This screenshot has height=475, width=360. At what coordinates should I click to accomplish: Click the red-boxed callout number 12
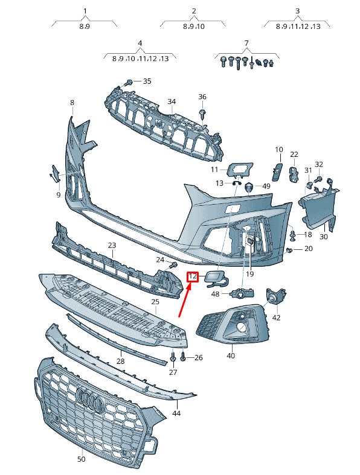point(193,276)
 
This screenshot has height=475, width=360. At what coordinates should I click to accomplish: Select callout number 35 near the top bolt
point(147,81)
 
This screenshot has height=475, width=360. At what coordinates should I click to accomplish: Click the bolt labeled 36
point(202,114)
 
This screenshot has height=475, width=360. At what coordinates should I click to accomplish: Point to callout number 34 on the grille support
point(172,101)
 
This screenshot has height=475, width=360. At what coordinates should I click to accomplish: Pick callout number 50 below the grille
point(82,459)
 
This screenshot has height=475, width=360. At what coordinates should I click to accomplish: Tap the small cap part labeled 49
point(249,188)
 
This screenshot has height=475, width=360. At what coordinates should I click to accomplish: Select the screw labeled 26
point(184,357)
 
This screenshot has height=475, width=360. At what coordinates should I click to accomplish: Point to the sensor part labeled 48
point(243,293)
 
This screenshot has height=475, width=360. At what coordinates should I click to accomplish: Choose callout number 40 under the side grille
point(231,355)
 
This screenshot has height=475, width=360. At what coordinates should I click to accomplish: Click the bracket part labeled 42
point(276,296)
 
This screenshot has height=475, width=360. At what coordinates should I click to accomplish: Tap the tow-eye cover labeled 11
point(240,169)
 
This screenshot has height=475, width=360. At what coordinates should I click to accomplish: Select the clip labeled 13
point(236,183)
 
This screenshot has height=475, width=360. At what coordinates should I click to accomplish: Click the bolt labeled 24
point(173,265)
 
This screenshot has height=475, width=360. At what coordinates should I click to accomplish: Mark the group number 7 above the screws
point(246,43)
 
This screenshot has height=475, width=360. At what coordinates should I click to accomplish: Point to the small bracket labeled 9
point(55,174)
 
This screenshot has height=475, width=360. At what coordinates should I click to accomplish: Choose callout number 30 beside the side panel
point(324,237)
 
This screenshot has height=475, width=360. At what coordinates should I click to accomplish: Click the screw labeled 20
point(289,250)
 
